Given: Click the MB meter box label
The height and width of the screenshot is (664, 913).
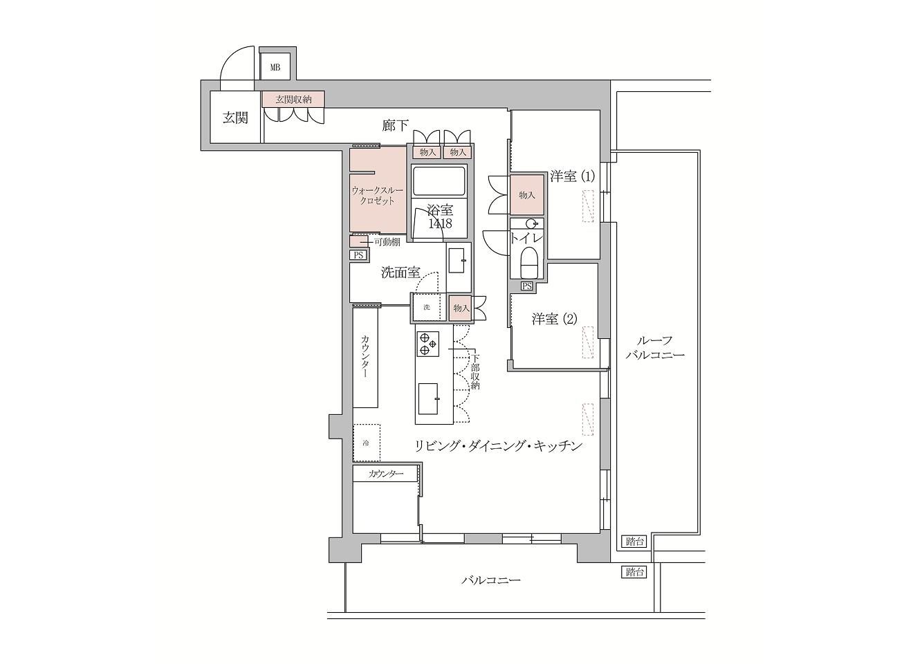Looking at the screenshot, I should [275, 68].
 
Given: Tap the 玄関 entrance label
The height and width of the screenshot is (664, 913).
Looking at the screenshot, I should [235, 118].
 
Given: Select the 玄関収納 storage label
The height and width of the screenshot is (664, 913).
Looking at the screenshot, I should [293, 100].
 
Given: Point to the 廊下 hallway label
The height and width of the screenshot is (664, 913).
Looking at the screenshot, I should [395, 126].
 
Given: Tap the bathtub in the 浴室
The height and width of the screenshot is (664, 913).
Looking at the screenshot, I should [439, 182].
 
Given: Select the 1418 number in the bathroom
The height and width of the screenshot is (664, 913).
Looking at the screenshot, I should [439, 224].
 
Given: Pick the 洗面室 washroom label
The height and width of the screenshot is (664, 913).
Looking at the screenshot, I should [400, 273].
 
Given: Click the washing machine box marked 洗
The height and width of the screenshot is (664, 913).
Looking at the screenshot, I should [427, 308].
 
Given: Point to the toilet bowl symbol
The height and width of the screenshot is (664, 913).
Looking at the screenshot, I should [530, 264].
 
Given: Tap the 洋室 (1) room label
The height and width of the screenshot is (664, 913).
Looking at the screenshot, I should [571, 176].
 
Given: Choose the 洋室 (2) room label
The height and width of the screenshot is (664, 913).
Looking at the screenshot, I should [554, 319].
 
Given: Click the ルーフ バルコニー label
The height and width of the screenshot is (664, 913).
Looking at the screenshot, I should [654, 348].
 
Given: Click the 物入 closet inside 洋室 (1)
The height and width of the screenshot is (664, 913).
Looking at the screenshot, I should [527, 195].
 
